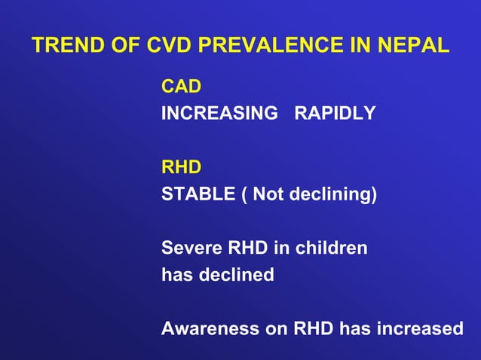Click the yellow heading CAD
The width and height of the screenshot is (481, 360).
182,87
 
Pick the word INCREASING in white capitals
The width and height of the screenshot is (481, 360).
219,114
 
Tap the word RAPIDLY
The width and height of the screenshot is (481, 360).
335,114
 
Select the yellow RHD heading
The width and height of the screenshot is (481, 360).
182,166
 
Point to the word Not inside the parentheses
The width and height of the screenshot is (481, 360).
268,194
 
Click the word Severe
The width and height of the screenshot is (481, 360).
188,247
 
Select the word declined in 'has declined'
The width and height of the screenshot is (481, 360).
236,274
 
